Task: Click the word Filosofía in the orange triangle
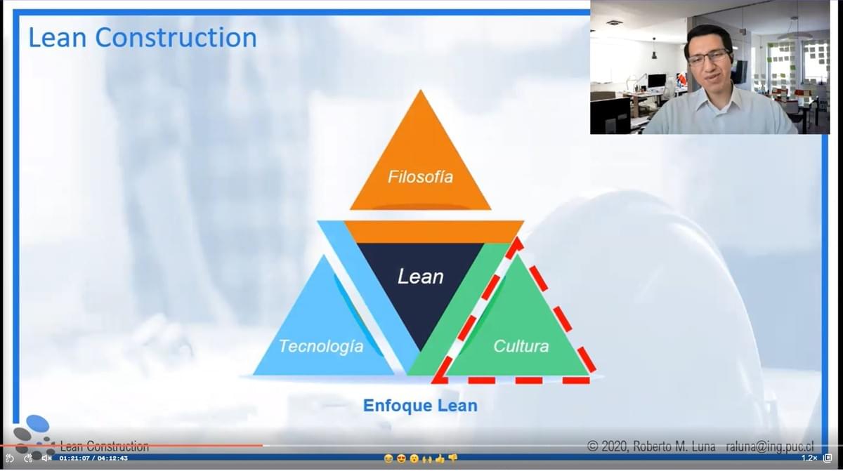(420, 177)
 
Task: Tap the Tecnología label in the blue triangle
(321, 346)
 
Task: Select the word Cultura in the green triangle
(521, 346)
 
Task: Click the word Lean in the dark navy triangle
(420, 277)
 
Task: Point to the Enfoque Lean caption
(420, 405)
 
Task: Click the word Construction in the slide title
(176, 38)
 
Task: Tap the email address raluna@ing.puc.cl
(770, 446)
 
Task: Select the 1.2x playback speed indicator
(809, 458)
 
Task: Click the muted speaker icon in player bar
(46, 458)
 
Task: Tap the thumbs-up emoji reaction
(440, 458)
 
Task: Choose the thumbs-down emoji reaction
(452, 458)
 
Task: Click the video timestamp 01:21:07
(74, 458)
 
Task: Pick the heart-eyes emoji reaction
(401, 458)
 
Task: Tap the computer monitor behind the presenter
(656, 81)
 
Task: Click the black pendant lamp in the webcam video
(654, 55)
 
